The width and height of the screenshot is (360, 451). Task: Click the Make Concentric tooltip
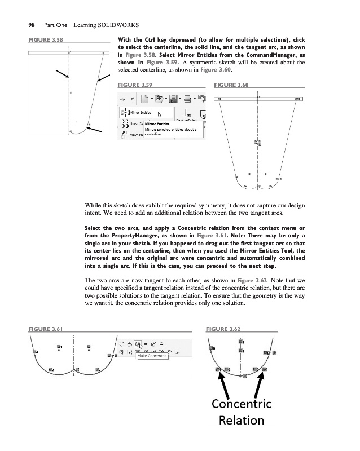[152, 356]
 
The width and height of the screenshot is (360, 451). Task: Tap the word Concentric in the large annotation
[242, 404]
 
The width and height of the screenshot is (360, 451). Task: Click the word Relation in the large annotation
[242, 421]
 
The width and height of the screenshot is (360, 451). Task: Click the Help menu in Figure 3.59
[121, 99]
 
